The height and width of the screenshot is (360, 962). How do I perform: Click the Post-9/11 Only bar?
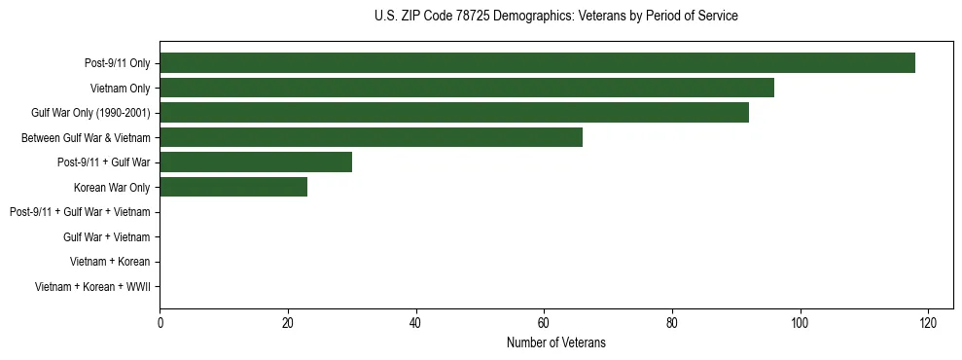tap(537, 63)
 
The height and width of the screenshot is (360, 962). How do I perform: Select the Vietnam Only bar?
tap(467, 88)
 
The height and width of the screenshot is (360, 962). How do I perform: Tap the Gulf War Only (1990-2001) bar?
tap(454, 113)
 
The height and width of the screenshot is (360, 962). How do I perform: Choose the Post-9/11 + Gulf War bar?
tap(256, 162)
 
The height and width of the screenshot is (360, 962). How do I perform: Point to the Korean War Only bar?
tap(233, 187)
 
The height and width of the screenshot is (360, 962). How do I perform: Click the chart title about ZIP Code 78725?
tap(555, 17)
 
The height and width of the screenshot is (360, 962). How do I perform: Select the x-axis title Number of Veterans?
tap(555, 342)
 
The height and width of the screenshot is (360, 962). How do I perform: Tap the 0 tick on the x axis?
tap(160, 323)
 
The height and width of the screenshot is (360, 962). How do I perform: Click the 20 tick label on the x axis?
tap(288, 323)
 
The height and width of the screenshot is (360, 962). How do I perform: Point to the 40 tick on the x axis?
tap(415, 323)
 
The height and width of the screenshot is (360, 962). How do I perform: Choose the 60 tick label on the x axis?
tap(544, 323)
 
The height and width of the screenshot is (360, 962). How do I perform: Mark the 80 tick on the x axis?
tap(672, 323)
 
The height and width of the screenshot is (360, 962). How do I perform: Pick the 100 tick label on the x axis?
tap(800, 323)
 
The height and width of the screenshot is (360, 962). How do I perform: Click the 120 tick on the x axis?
tap(928, 323)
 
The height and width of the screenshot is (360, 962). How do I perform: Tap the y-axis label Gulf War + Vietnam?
tap(106, 237)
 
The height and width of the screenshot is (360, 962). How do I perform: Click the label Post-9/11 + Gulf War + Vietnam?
tap(80, 212)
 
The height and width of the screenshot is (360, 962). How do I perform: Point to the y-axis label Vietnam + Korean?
tap(110, 262)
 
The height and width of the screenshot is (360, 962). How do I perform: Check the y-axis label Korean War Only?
tap(112, 187)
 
